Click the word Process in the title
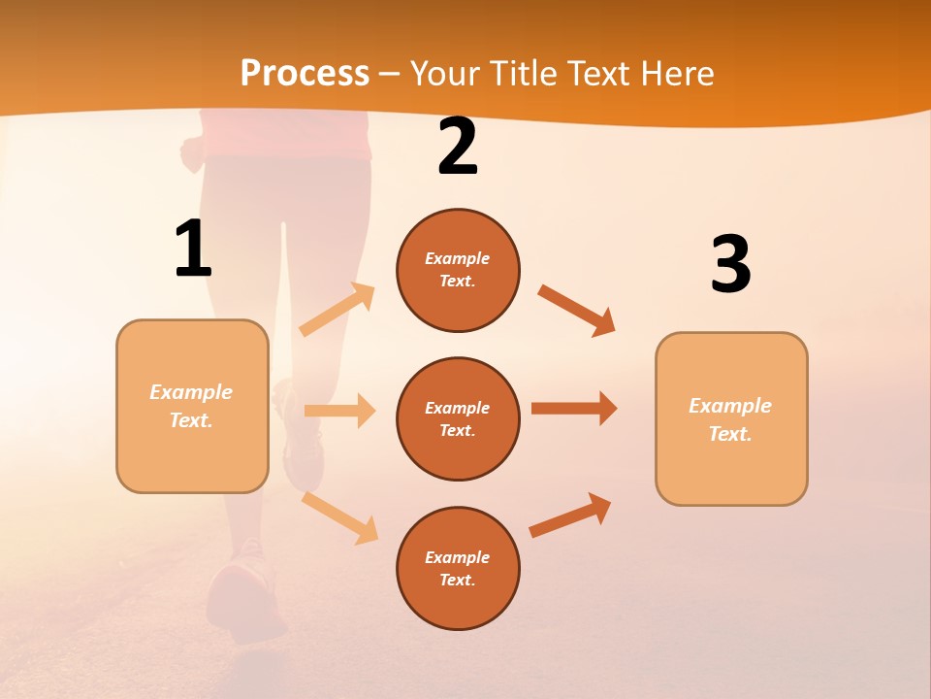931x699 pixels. tap(305, 73)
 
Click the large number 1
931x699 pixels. tap(193, 250)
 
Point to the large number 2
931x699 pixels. tap(458, 148)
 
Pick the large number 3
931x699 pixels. tap(730, 265)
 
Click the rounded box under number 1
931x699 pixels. tap(192, 406)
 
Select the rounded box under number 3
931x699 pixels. tap(731, 418)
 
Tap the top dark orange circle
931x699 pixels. tap(458, 270)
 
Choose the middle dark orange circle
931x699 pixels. tap(458, 418)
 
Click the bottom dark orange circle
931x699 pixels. tap(458, 568)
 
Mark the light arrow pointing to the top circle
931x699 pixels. tap(337, 310)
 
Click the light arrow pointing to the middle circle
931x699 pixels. tap(339, 411)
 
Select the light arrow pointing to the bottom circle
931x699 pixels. tap(339, 517)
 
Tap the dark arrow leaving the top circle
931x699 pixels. tap(577, 310)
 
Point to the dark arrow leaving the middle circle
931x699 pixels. tap(574, 408)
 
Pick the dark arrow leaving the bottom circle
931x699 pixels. tap(570, 516)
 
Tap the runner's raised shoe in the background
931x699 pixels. tap(301, 442)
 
